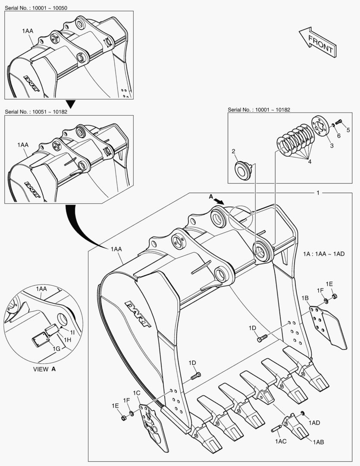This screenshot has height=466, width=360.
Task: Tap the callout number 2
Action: point(233,151)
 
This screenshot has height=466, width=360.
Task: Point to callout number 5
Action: point(348,130)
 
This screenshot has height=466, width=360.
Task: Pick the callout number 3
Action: point(332,146)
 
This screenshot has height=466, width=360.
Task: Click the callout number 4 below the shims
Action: point(309,161)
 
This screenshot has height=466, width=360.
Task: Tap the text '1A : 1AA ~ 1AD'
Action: point(323,254)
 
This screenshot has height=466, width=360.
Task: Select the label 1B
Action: point(305,298)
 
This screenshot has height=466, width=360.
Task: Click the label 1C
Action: point(136,393)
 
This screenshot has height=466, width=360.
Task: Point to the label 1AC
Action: point(281,441)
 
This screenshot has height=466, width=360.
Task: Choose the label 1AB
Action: point(319,442)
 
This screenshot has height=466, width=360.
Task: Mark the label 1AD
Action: point(314,423)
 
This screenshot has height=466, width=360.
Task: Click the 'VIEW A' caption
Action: point(44,369)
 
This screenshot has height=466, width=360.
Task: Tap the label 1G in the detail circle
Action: point(56,348)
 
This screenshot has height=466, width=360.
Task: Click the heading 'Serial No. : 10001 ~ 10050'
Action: point(36,8)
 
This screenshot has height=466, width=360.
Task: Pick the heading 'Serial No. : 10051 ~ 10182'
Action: point(36,111)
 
